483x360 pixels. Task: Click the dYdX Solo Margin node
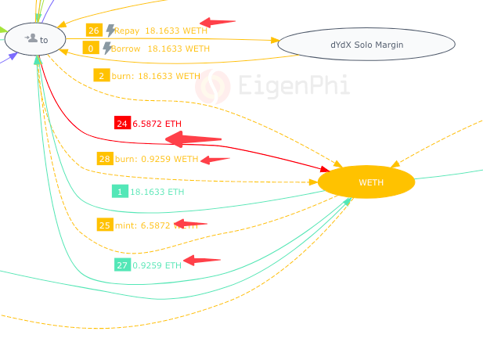(x=366, y=45)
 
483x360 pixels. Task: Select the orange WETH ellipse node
(x=366, y=182)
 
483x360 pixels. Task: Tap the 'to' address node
(x=35, y=38)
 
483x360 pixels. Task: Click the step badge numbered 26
(x=94, y=31)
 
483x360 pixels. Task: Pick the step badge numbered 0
(x=91, y=49)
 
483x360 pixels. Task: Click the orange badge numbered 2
(x=101, y=76)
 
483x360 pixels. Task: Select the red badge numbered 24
(x=121, y=124)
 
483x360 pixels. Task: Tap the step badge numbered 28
(x=105, y=159)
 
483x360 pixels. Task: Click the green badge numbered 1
(x=120, y=192)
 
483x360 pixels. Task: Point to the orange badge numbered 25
(x=105, y=225)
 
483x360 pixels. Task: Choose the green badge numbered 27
(x=122, y=265)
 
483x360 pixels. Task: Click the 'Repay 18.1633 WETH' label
(x=160, y=31)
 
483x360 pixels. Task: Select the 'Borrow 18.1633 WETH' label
(x=160, y=49)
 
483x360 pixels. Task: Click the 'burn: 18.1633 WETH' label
(x=156, y=76)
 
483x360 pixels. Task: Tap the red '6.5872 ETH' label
(x=157, y=124)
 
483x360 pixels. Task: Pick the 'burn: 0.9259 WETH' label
(x=157, y=159)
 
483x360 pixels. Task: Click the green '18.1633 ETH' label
(x=157, y=192)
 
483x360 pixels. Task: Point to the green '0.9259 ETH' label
(x=157, y=265)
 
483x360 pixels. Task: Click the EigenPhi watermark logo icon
(x=212, y=86)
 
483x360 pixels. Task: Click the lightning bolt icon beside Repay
(x=110, y=31)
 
